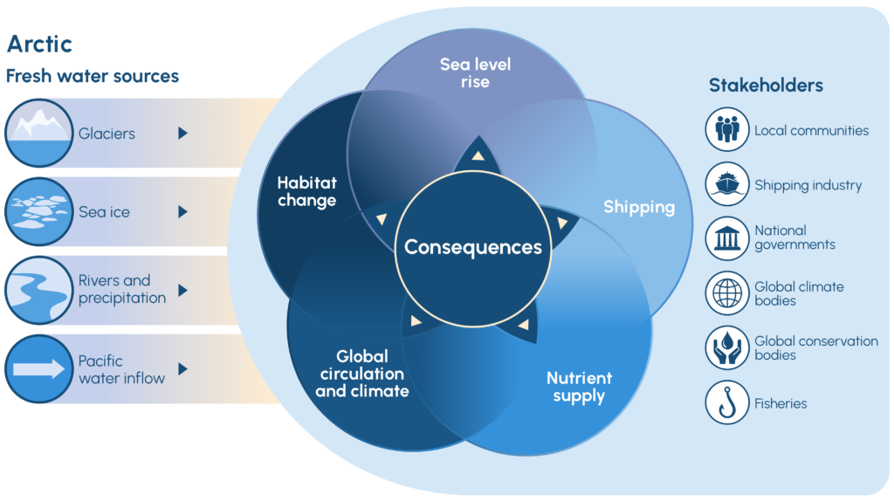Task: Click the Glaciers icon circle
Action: tap(38, 133)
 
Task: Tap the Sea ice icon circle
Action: tap(38, 211)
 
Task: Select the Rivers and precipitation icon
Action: tap(38, 289)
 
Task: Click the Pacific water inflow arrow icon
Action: tap(38, 368)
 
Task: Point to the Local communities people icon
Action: tap(727, 131)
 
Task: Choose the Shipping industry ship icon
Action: tap(727, 185)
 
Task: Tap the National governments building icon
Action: tap(727, 238)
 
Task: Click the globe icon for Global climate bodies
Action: tap(727, 293)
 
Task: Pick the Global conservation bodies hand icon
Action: tap(727, 347)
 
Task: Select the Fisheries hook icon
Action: tap(727, 403)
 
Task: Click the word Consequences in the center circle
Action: tap(473, 247)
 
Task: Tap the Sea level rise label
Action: tap(476, 73)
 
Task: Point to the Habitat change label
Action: tap(306, 191)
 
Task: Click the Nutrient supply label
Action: tap(579, 387)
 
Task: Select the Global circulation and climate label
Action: tap(361, 374)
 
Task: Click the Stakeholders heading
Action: tap(766, 86)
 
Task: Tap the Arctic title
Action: tap(39, 44)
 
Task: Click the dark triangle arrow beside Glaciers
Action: tap(182, 134)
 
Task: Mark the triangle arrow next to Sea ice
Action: tap(182, 212)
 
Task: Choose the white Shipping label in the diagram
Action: tap(639, 207)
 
